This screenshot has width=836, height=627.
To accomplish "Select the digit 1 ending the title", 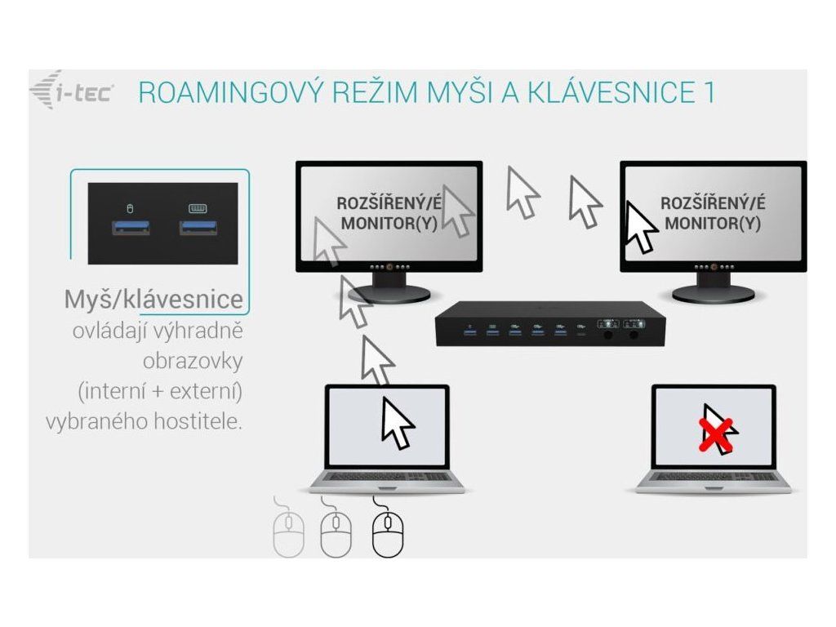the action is coord(708,91).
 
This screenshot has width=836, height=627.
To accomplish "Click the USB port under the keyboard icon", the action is coord(197,226).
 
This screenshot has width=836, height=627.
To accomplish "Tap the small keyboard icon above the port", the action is coord(197,207).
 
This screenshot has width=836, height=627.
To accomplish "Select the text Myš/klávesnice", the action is coord(153,300).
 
